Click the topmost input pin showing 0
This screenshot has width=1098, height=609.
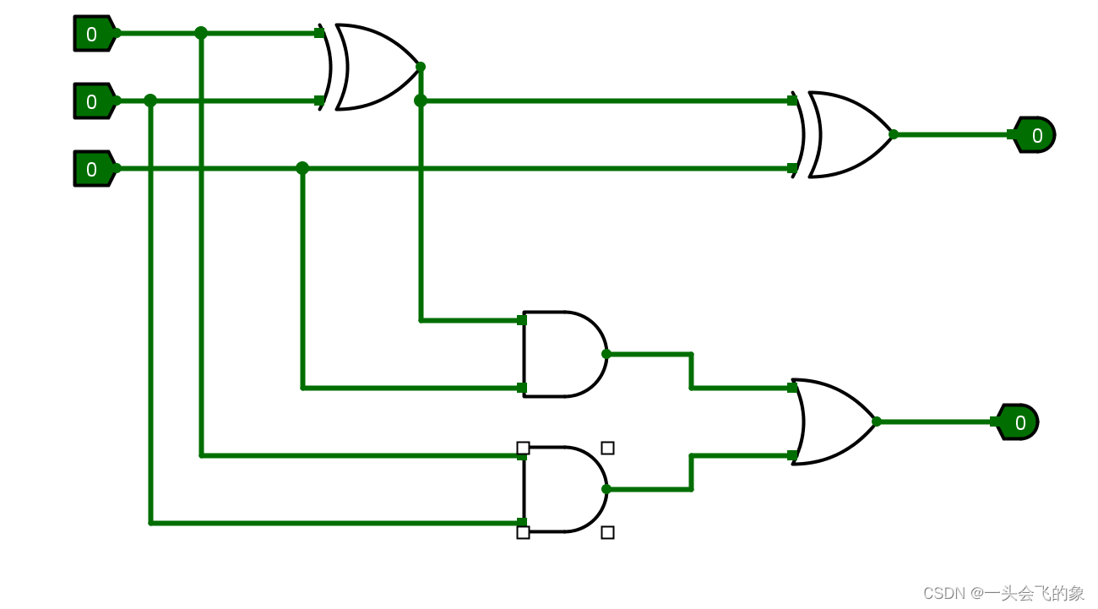93,34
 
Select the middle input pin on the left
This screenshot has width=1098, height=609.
93,101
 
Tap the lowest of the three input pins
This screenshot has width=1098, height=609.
93,169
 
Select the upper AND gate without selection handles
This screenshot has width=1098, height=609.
563,354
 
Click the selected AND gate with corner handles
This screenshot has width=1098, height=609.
563,490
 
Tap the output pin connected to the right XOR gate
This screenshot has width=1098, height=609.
1035,135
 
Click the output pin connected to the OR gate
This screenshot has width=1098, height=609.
1019,422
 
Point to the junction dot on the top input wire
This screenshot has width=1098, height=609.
201,33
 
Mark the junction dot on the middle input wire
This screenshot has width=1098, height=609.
150,101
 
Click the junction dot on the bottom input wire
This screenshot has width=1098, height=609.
302,168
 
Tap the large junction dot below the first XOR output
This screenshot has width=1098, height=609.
421,101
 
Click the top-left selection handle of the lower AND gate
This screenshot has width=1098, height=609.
523,448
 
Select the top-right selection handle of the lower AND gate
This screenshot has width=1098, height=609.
607,448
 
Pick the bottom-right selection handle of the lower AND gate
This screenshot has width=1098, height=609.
607,532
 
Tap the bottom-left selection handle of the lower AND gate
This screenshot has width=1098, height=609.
523,532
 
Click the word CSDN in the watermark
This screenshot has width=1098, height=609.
943,593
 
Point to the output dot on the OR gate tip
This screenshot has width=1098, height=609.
877,421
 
